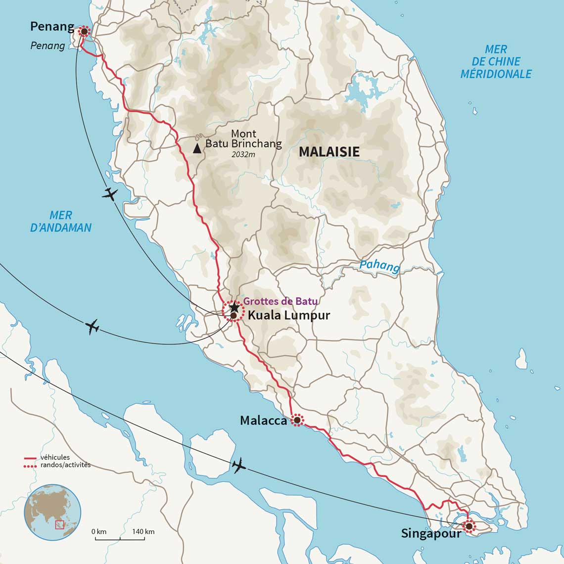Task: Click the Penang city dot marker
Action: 84,32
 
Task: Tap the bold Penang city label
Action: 52,27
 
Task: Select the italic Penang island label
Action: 47,46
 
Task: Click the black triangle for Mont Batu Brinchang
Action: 197,148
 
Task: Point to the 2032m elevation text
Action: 243,155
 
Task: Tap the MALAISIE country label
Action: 329,152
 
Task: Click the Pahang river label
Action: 379,266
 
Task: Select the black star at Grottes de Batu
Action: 235,307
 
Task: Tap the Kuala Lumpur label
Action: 288,315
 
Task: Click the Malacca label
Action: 263,421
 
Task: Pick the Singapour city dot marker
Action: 469,525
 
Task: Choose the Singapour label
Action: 431,534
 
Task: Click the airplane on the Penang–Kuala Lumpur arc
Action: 110,194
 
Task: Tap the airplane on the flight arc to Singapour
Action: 238,465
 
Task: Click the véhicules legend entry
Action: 54,458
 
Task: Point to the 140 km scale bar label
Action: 143,532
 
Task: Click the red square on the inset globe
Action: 59,524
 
